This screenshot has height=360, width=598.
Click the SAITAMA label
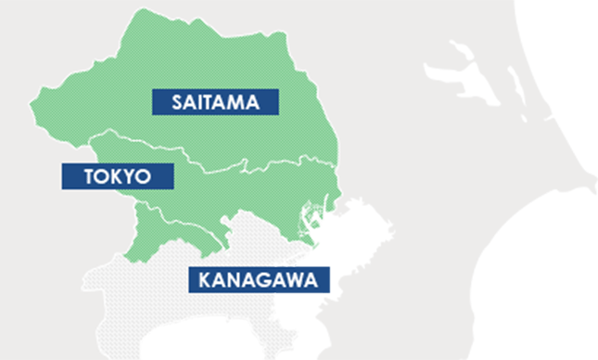coord(214,102)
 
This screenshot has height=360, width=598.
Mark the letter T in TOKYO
coord(76,176)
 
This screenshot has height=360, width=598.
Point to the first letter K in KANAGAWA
coord(200,279)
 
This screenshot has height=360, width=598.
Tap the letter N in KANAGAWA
coord(231,279)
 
